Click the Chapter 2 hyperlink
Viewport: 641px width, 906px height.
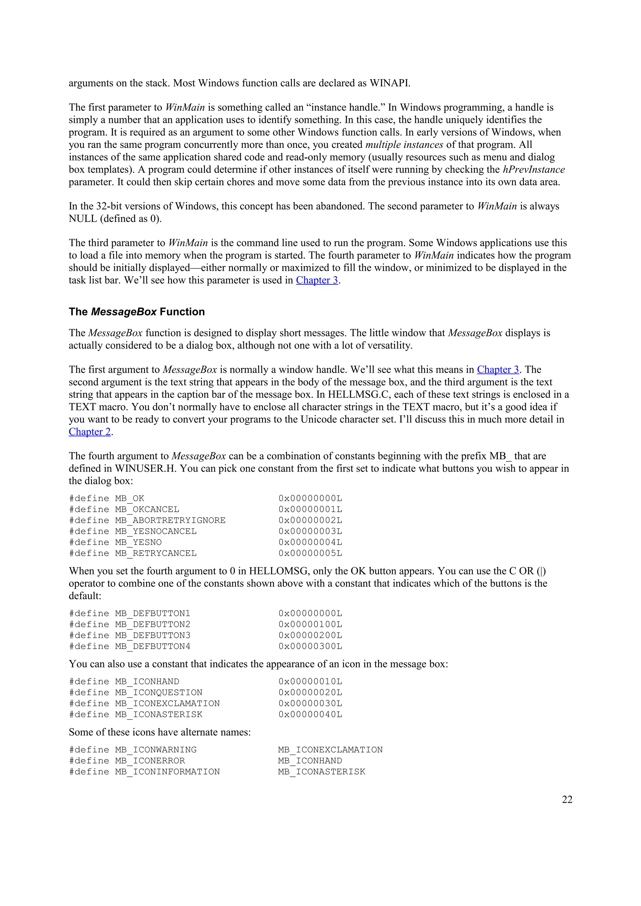coord(90,432)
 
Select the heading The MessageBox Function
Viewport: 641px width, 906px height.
coord(137,312)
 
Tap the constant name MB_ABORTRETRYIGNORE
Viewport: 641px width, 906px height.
coord(170,521)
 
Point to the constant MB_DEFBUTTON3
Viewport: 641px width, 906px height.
coord(152,635)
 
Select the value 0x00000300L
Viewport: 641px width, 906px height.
coord(310,646)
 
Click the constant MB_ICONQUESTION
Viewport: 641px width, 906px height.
coord(158,692)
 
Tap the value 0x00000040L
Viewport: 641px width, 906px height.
coord(310,715)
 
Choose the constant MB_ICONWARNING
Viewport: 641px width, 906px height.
coord(156,750)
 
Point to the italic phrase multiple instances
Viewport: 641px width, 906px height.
coord(404,145)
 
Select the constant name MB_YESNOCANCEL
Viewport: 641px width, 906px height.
coord(156,531)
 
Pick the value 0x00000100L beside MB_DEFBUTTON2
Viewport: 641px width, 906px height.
coord(310,624)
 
